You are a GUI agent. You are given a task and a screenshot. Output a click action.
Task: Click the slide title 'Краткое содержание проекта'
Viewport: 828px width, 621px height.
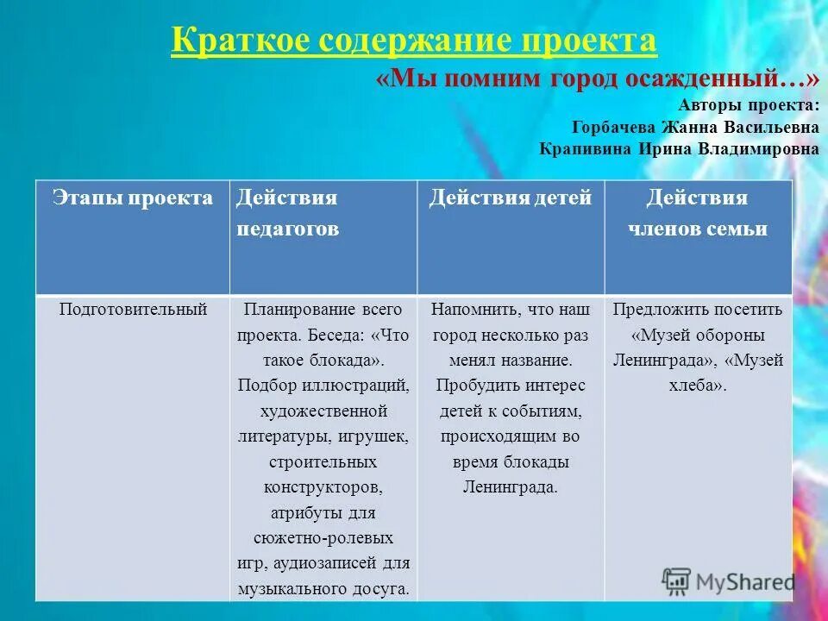[414, 41]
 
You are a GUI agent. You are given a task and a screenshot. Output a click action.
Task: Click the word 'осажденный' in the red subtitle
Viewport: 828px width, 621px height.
[721, 79]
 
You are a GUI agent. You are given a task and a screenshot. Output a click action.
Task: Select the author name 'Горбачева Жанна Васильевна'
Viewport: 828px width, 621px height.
[695, 127]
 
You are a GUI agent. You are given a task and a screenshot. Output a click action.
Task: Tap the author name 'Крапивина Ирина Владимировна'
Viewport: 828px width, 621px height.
[679, 147]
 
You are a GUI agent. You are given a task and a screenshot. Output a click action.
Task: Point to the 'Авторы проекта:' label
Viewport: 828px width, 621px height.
[750, 105]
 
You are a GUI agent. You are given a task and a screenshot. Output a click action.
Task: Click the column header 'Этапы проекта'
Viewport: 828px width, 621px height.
[132, 198]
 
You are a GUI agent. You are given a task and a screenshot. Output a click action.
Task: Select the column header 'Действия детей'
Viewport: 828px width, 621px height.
[511, 198]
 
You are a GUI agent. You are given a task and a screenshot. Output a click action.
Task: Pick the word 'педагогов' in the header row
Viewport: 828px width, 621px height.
[287, 229]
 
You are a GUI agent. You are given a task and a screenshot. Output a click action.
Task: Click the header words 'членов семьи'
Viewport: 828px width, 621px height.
[697, 229]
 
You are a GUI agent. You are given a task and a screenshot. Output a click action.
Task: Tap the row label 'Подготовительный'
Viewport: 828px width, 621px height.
[133, 309]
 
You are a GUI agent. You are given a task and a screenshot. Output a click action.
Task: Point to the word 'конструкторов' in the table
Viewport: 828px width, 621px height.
[323, 487]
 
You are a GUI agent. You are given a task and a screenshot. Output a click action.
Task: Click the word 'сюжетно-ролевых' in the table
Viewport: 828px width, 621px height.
[323, 538]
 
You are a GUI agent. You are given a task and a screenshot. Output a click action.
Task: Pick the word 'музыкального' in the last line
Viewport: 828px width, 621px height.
[288, 590]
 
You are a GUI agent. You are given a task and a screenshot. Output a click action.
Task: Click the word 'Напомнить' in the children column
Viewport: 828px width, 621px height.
[470, 309]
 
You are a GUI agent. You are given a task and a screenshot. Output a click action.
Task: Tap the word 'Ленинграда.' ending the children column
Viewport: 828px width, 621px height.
[510, 487]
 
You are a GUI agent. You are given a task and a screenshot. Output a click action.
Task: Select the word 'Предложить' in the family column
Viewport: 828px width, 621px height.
[657, 309]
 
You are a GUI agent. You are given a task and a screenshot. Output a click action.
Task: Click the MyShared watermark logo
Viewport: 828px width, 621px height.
[728, 580]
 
